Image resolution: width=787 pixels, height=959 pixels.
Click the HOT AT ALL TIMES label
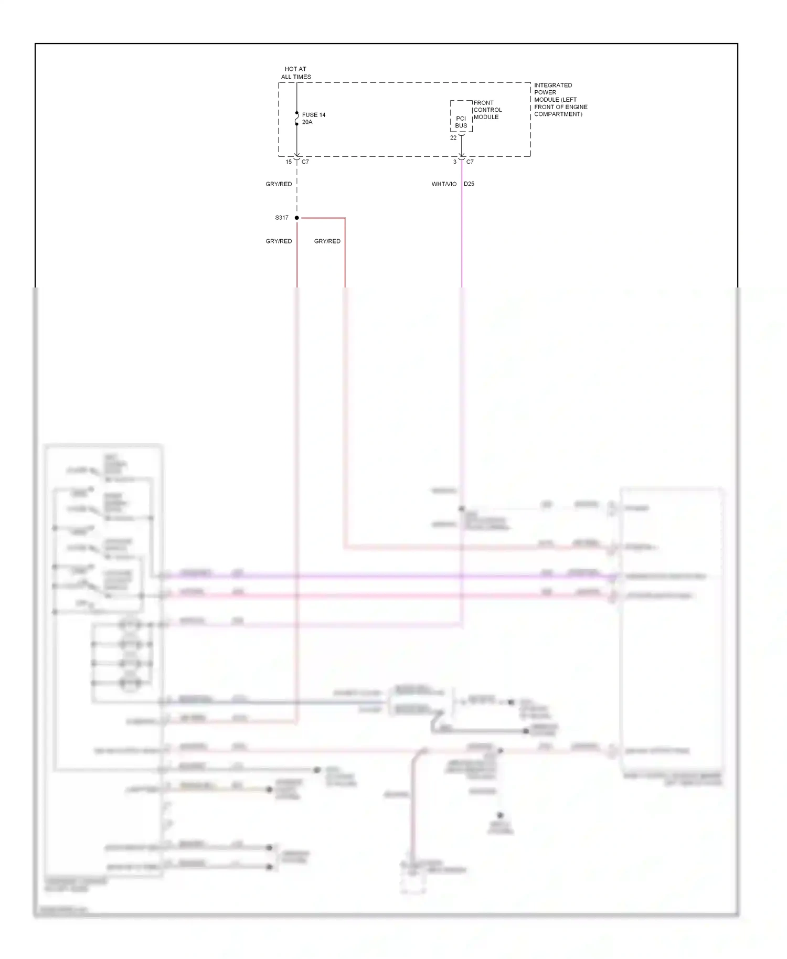point(296,73)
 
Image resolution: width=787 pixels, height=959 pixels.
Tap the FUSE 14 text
point(314,115)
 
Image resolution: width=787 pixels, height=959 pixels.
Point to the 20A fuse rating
point(307,122)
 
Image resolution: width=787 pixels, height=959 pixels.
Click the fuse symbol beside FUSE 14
point(297,119)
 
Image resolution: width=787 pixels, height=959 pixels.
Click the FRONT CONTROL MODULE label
point(487,110)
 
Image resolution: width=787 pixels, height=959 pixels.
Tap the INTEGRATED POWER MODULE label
point(560,100)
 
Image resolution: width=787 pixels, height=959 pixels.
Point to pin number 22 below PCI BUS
point(453,138)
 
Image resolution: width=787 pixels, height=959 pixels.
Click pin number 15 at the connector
point(289,162)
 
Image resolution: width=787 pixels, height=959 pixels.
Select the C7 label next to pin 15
point(305,162)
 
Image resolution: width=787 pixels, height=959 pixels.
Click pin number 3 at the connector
point(455,162)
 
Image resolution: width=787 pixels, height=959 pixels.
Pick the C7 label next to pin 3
point(470,162)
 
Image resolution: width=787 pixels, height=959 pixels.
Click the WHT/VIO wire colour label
point(444,184)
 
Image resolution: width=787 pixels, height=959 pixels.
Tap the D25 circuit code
point(469,184)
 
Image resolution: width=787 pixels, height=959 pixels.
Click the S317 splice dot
point(297,218)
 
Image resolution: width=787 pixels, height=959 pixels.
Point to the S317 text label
point(282,218)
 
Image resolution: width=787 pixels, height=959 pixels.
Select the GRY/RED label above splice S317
point(279,184)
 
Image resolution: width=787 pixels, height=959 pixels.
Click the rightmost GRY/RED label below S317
point(327,241)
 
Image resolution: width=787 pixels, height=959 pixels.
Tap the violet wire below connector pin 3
point(462,236)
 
